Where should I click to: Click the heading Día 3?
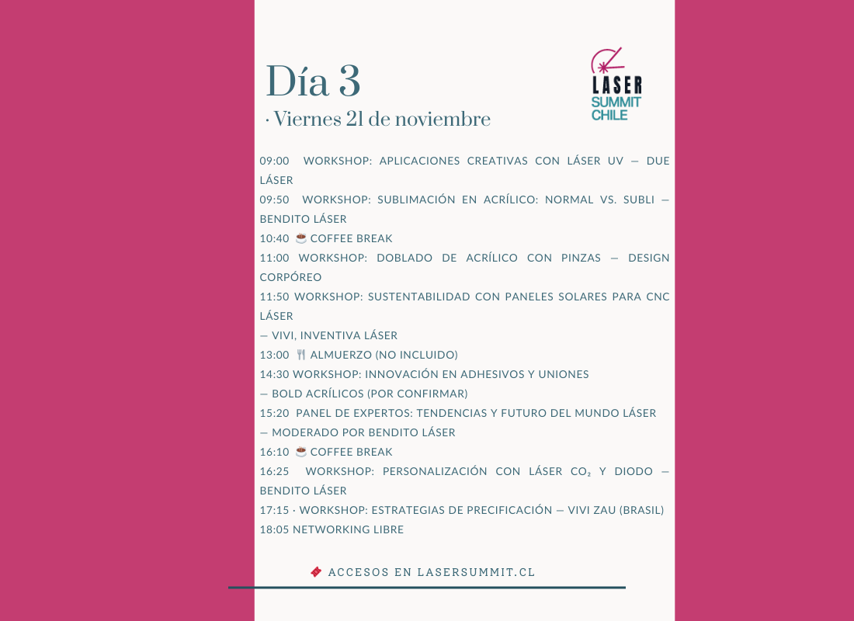click(313, 82)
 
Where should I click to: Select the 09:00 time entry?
click(274, 161)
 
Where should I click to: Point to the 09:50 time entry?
click(274, 199)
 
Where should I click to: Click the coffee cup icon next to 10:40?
click(301, 238)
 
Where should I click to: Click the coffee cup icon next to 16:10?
click(301, 452)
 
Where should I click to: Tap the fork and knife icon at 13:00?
click(301, 355)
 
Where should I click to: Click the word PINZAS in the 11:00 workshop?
click(578, 258)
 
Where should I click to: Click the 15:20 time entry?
click(274, 413)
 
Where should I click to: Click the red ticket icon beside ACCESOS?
click(316, 572)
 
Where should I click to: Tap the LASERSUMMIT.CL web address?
click(476, 572)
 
